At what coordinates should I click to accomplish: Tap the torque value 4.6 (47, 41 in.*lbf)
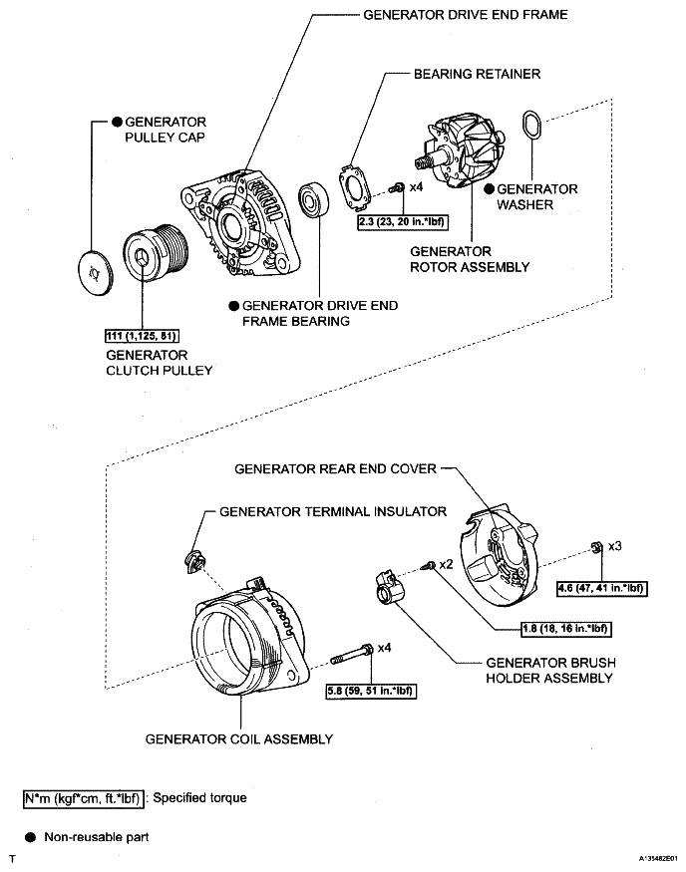pyautogui.click(x=602, y=589)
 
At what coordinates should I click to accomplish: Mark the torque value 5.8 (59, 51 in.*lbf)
pyautogui.click(x=370, y=691)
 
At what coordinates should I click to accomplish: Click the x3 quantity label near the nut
pyautogui.click(x=614, y=547)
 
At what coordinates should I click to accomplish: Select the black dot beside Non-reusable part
pyautogui.click(x=30, y=837)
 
